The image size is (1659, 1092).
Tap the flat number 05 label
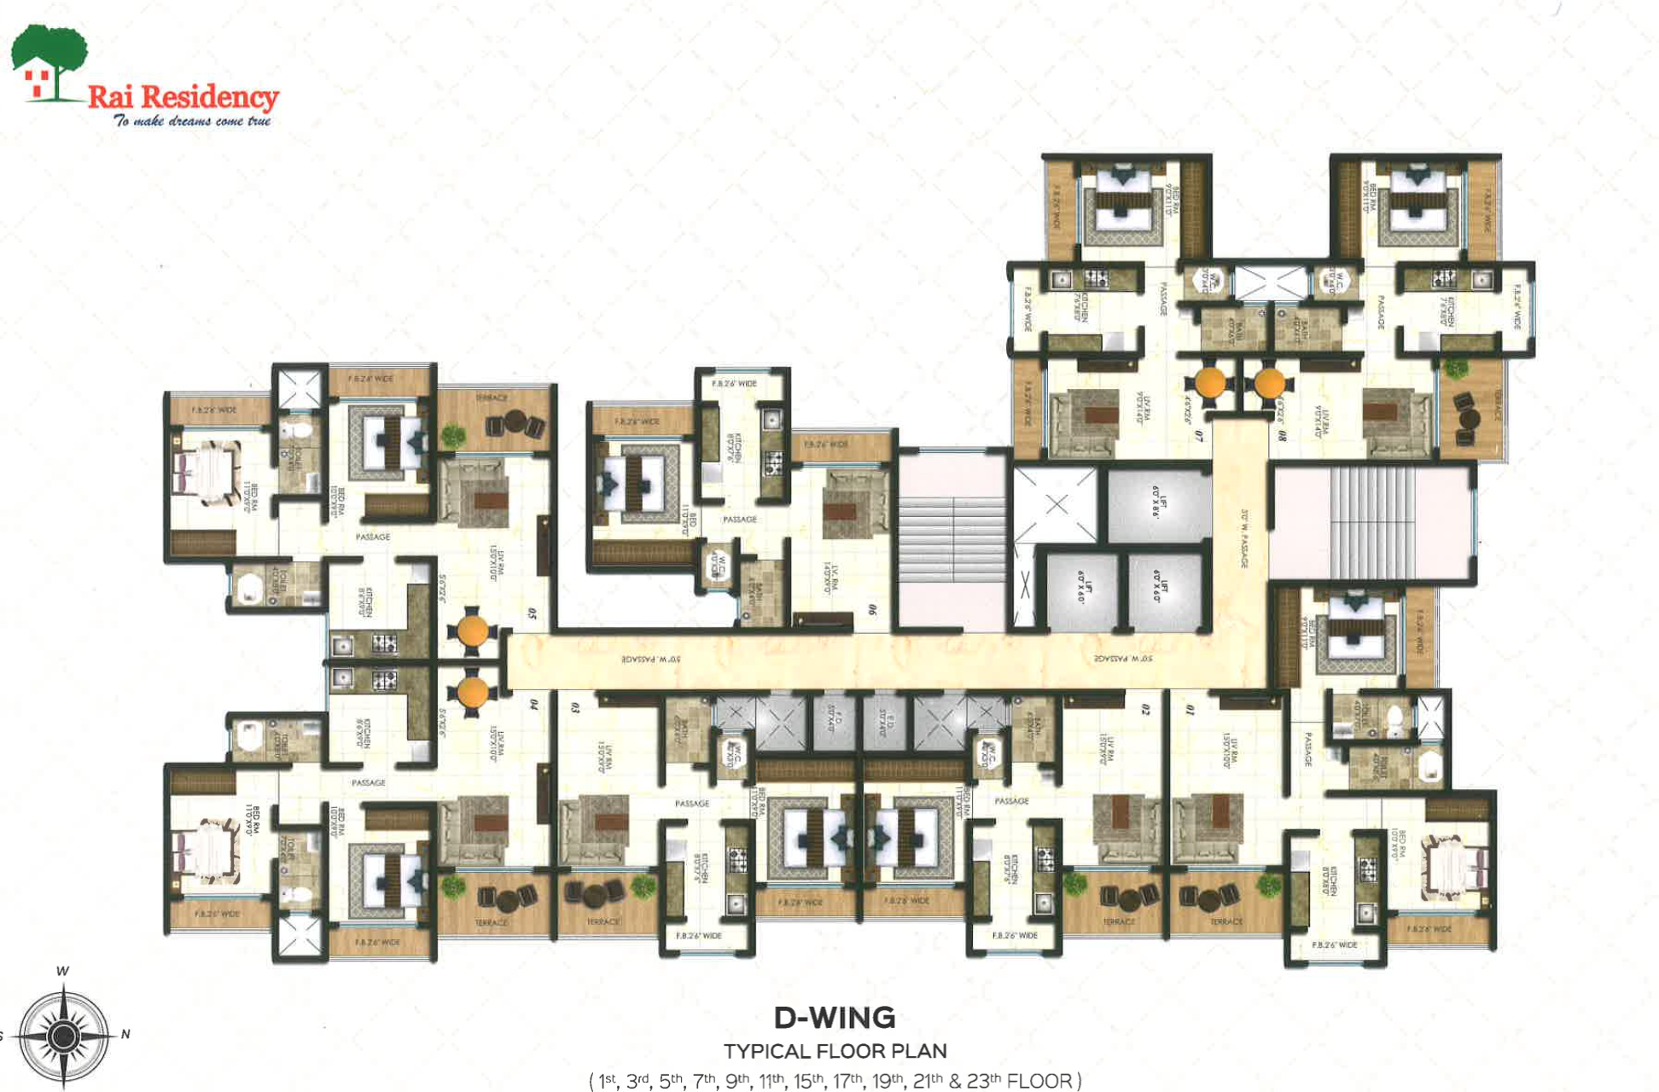(x=533, y=613)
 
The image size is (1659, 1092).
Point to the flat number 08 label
(x=1282, y=435)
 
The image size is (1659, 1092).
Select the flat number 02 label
(x=1145, y=709)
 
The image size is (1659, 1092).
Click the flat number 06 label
(x=871, y=610)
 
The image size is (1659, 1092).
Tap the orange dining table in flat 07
(x=1210, y=383)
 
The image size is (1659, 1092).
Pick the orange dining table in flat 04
(x=471, y=692)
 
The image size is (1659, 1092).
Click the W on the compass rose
(x=62, y=971)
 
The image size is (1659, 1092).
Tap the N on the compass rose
(x=125, y=1034)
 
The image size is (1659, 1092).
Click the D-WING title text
(x=834, y=1018)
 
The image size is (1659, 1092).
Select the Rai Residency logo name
(x=183, y=96)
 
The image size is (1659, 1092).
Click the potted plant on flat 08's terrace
(x=1453, y=369)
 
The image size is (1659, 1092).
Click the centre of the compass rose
(x=62, y=1037)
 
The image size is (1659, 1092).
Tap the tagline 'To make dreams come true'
(x=192, y=121)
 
